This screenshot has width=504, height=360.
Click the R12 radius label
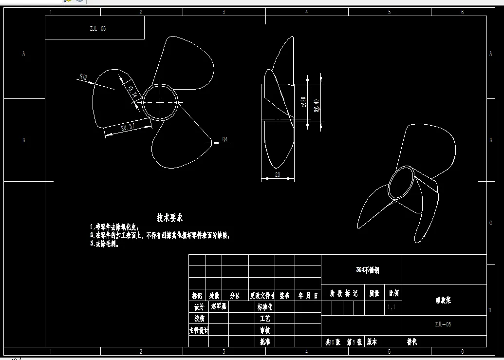click(x=83, y=76)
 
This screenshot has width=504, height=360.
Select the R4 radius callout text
click(x=225, y=140)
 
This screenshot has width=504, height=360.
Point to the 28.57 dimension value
click(x=127, y=127)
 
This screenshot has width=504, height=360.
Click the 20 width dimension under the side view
click(x=278, y=174)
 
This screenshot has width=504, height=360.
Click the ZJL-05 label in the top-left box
click(x=97, y=29)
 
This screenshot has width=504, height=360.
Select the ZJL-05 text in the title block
click(x=443, y=324)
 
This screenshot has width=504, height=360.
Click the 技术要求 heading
click(x=169, y=217)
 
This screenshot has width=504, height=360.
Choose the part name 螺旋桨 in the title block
click(x=443, y=300)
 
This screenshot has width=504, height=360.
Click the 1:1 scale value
click(x=391, y=308)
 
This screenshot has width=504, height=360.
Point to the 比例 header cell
click(x=393, y=294)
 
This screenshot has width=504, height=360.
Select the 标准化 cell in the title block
click(x=264, y=307)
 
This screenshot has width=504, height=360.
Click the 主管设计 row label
click(x=198, y=330)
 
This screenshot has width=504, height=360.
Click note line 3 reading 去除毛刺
click(x=105, y=244)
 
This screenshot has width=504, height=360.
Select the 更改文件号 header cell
click(x=262, y=296)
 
